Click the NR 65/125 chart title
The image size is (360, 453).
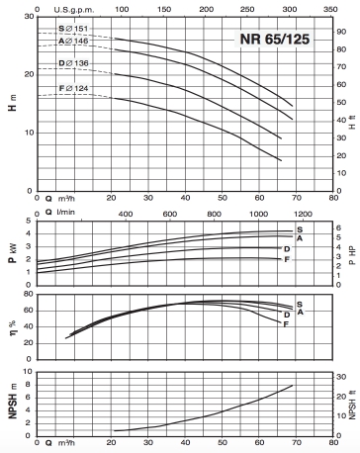coord(275,39)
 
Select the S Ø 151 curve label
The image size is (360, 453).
coord(73,29)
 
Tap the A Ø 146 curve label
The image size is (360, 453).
coord(73,41)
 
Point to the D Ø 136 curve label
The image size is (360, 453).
coord(73,63)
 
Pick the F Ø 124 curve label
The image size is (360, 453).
coord(73,88)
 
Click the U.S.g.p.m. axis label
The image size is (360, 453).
coord(74,10)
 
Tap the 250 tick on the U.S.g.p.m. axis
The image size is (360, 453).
coord(247,9)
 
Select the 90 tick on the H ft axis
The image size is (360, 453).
coord(341,32)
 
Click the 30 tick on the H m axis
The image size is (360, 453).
coord(30,16)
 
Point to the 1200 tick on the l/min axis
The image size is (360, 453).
coord(303,214)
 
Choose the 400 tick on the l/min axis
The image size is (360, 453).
coord(126,214)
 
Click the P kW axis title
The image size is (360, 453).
coord(13,253)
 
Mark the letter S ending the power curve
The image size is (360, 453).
coord(300,229)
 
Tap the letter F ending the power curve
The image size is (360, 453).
coord(287,260)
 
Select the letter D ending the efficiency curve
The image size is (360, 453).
coord(287,316)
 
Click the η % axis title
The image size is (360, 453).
coord(13,326)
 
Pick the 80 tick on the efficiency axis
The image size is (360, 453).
coord(29,294)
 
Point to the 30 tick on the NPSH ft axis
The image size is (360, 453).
coord(341,377)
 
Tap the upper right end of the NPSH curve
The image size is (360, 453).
coord(293,385)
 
